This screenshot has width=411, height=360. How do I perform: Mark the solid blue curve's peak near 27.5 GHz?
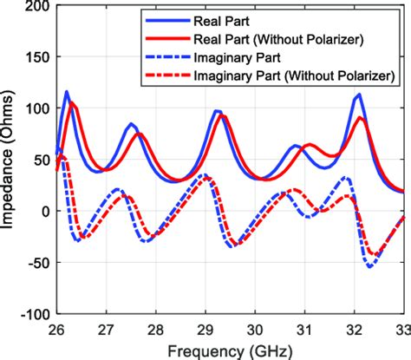(131, 124)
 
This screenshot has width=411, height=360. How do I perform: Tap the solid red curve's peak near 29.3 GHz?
(221, 115)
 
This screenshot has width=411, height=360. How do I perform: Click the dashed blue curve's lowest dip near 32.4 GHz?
(371, 265)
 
